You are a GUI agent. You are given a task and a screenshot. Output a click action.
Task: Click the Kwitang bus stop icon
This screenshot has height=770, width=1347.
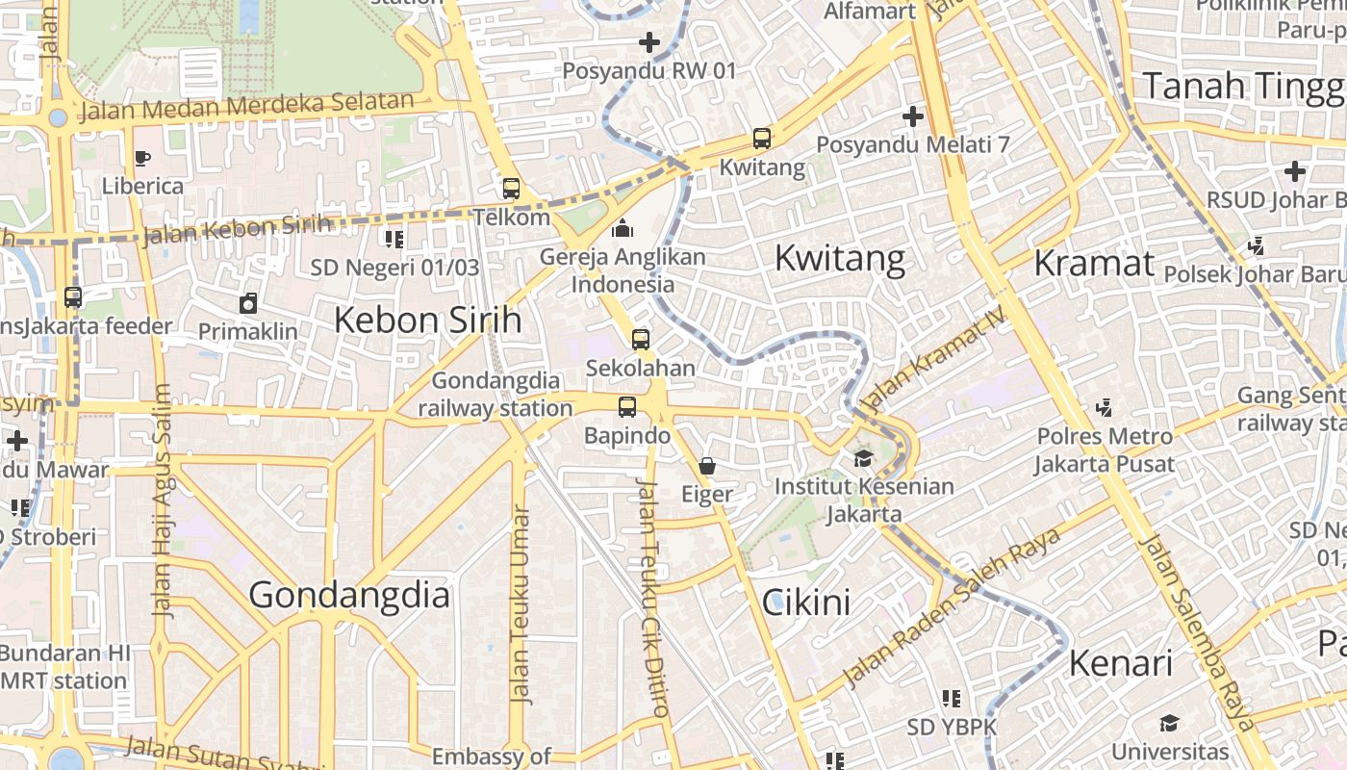(x=762, y=139)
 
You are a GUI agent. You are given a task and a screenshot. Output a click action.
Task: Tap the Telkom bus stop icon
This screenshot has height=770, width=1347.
(x=511, y=189)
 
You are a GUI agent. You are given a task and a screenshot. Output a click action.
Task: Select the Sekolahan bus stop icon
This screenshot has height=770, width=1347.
(x=641, y=340)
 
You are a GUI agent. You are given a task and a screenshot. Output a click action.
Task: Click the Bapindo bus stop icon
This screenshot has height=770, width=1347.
(x=627, y=407)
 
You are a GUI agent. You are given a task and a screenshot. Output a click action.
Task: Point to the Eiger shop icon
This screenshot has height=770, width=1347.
(x=707, y=467)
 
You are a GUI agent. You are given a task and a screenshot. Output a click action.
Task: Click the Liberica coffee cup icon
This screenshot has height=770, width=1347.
(x=142, y=158)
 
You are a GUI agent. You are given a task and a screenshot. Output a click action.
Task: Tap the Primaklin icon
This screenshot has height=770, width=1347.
(x=248, y=303)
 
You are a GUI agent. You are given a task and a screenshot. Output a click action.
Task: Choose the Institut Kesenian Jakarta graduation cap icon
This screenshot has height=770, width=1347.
(x=863, y=458)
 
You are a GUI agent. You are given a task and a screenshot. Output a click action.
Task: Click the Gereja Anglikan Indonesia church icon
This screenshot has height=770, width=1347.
(x=623, y=228)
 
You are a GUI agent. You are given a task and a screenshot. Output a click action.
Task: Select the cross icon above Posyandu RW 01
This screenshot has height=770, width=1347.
(x=649, y=42)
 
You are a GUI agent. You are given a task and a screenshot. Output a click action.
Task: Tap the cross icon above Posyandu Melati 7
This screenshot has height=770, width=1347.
(x=912, y=116)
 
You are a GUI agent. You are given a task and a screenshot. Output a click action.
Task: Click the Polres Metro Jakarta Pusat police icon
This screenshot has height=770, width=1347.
(x=1104, y=408)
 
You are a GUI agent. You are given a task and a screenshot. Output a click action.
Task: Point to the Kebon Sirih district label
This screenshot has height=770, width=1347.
(x=427, y=320)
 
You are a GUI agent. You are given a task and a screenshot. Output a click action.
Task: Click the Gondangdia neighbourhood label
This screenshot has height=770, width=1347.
(x=349, y=595)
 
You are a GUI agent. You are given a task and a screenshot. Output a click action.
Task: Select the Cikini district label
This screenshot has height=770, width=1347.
(x=806, y=603)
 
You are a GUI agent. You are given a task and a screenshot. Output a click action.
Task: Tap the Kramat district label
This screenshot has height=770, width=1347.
(x=1094, y=263)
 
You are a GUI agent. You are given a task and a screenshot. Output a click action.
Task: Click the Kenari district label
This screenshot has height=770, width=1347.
(x=1121, y=662)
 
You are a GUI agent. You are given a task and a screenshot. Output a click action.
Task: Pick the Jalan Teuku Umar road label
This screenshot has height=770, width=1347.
(x=520, y=604)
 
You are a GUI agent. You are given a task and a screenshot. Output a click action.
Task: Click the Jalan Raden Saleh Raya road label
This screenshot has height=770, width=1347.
(x=952, y=607)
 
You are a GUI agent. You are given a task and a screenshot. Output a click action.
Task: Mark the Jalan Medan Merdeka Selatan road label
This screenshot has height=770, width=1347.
(x=246, y=106)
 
